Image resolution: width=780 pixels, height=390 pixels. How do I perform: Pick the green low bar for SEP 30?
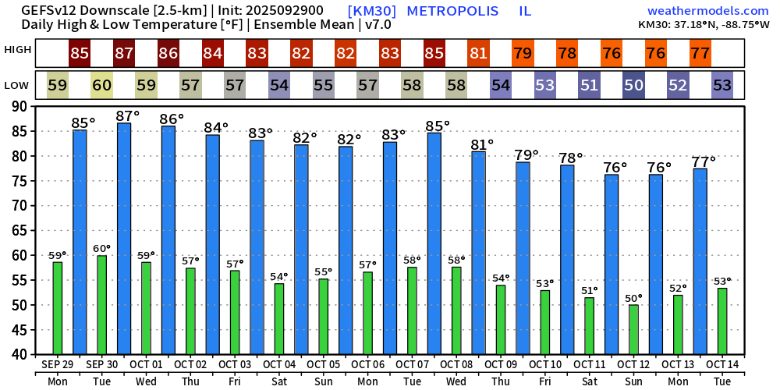coord(101,304)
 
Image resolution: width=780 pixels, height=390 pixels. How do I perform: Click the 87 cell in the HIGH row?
coord(124,54)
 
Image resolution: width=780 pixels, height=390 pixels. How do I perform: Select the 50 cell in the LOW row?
coord(634,85)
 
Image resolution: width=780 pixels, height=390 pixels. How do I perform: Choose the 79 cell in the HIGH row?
coord(523,54)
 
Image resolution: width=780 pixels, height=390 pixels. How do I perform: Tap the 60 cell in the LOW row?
coord(101,85)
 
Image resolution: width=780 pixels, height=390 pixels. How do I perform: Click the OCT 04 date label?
coord(279,364)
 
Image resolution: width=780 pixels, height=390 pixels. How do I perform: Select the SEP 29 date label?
coord(58,364)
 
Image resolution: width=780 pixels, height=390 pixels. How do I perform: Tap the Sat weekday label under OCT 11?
coord(590,381)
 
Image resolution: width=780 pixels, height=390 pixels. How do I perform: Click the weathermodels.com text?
coord(707,11)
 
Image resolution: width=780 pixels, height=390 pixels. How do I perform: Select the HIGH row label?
coord(18,50)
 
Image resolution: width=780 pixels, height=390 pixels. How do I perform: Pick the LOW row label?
coord(18,84)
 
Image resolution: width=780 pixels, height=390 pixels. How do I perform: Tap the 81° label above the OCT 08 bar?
coord(484,144)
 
